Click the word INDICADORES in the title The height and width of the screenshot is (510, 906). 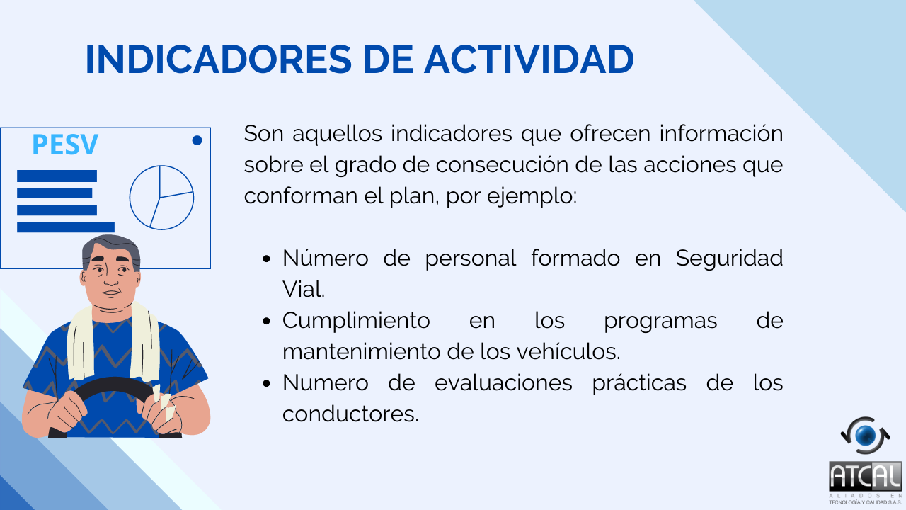click(219, 59)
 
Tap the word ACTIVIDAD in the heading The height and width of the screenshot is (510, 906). click(529, 59)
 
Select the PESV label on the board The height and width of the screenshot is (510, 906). click(65, 144)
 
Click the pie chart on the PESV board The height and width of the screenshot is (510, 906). click(161, 198)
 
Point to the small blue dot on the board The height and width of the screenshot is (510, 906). click(197, 140)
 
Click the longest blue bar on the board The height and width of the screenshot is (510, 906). click(66, 227)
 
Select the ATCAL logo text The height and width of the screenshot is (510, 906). click(865, 476)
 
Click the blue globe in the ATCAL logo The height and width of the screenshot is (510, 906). click(866, 436)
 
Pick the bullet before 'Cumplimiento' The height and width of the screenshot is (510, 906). click(266, 321)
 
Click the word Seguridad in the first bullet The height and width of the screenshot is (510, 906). click(729, 258)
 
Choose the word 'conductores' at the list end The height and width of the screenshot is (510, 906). click(350, 414)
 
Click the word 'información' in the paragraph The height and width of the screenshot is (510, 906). click(721, 133)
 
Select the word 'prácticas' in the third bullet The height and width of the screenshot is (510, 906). click(639, 383)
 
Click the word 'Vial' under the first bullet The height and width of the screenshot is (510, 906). click(304, 289)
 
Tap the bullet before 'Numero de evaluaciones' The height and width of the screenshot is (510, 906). click(266, 383)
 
